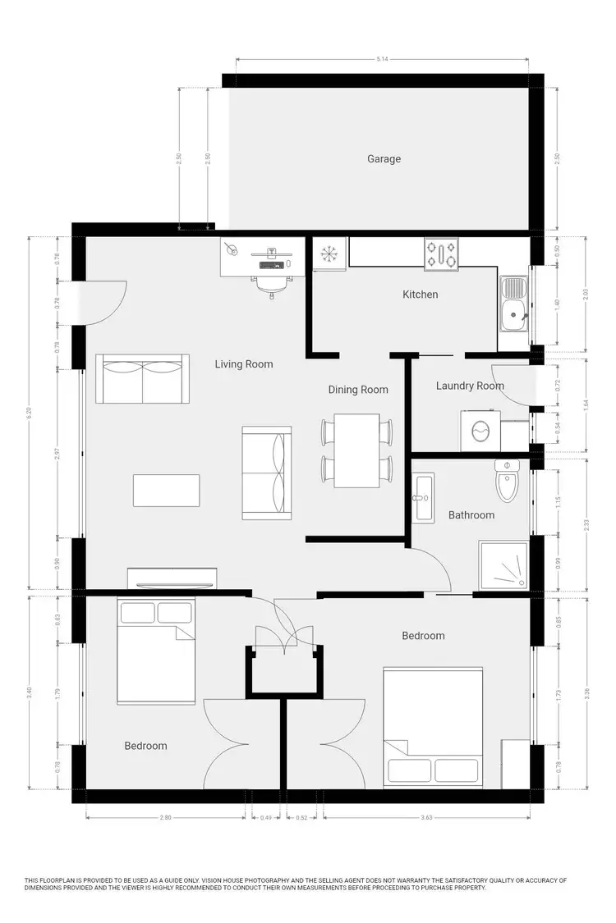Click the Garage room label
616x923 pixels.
pyautogui.click(x=384, y=158)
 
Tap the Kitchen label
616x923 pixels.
pyautogui.click(x=420, y=295)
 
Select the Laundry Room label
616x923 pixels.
pyautogui.click(x=470, y=386)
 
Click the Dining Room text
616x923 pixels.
pyautogui.click(x=358, y=390)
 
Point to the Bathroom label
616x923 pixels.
pyautogui.click(x=471, y=515)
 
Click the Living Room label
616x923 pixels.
pyautogui.click(x=244, y=363)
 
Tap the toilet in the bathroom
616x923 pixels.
pyautogui.click(x=508, y=481)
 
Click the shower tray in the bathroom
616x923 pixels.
pyautogui.click(x=503, y=564)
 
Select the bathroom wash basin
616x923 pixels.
pyautogui.click(x=422, y=496)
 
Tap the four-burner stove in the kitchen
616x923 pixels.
pyautogui.click(x=441, y=254)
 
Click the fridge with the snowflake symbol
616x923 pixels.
pyautogui.click(x=329, y=254)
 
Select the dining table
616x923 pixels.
pyautogui.click(x=356, y=450)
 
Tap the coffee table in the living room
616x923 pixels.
pyautogui.click(x=167, y=491)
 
